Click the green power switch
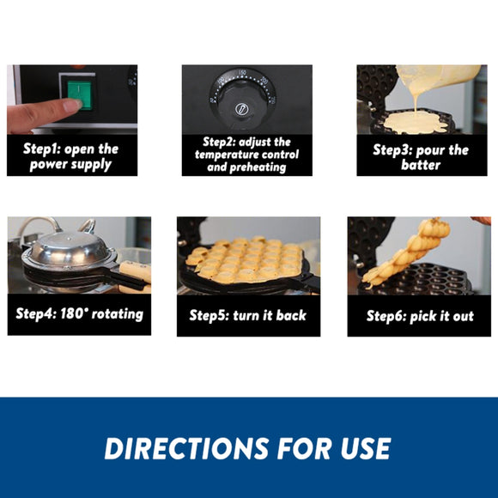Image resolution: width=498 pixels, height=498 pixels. click(x=79, y=94)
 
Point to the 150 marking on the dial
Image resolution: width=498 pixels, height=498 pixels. click(x=242, y=72)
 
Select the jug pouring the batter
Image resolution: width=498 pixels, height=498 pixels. click(x=438, y=77)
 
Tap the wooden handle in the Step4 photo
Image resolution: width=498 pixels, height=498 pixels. click(x=136, y=270)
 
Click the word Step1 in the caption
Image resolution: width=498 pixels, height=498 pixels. click(x=41, y=149)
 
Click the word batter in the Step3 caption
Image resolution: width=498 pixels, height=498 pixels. click(x=421, y=165)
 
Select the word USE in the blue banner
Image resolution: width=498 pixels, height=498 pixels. click(x=366, y=448)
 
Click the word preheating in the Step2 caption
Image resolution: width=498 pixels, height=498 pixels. click(x=258, y=167)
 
